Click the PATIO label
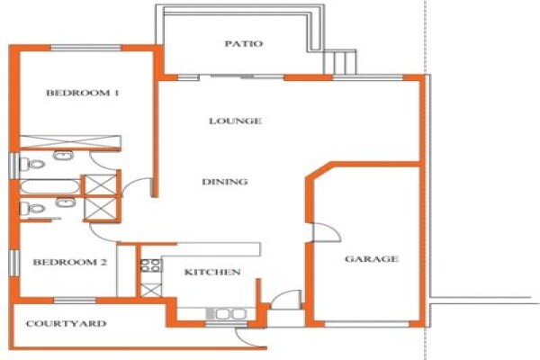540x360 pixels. (244, 44)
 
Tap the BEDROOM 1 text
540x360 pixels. (83, 93)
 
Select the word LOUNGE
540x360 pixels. (235, 121)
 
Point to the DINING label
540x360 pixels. (224, 182)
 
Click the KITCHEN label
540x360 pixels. (212, 272)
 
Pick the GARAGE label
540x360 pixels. (372, 258)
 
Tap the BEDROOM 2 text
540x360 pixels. (70, 262)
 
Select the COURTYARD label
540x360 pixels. (66, 323)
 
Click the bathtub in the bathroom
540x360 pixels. (49, 187)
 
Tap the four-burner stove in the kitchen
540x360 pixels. (151, 265)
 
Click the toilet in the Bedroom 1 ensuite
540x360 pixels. (31, 164)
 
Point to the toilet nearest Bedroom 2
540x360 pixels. (32, 209)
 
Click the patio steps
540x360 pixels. (339, 62)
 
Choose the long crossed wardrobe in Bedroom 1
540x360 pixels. (70, 142)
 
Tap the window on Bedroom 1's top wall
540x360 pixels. (86, 48)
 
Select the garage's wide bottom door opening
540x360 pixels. (367, 324)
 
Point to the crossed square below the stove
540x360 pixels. (151, 290)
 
